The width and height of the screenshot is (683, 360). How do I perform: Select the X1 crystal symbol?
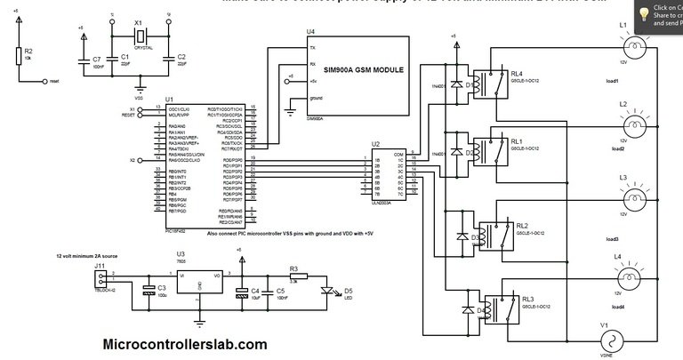(138, 36)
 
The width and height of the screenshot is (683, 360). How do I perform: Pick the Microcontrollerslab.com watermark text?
(185, 344)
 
